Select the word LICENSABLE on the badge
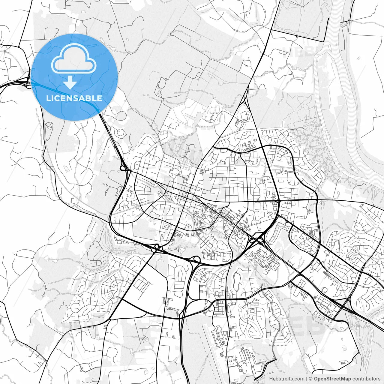click(74, 98)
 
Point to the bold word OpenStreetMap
click(333, 379)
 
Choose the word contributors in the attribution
click(366, 379)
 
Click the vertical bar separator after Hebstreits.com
click(306, 379)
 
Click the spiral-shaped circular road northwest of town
click(120, 132)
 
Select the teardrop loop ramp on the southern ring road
click(196, 258)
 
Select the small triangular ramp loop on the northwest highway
click(123, 168)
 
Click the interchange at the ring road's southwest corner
click(156, 247)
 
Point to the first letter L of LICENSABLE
click(48, 98)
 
